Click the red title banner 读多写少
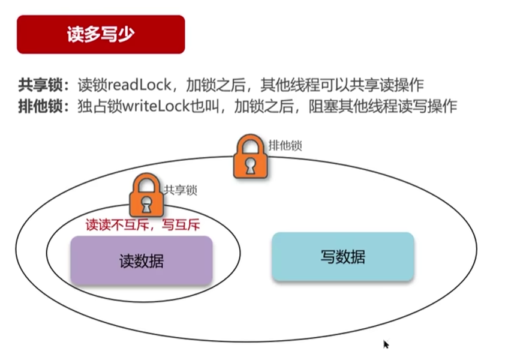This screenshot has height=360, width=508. (101, 34)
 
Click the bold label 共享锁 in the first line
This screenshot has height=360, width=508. (40, 85)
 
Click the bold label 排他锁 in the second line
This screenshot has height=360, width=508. (40, 106)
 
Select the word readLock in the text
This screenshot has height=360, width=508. (139, 85)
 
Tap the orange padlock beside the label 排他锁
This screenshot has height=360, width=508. (251, 156)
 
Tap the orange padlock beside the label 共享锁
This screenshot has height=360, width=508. (146, 195)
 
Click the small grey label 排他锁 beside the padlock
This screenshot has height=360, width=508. (285, 146)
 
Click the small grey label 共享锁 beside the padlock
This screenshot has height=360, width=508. (180, 190)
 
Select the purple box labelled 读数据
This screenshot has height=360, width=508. (142, 260)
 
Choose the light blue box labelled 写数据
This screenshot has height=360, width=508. (343, 257)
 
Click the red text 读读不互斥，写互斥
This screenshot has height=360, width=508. (143, 224)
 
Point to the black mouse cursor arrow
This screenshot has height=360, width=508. (386, 344)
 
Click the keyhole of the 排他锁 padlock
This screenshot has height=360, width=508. (251, 166)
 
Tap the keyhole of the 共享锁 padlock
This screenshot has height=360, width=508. (146, 204)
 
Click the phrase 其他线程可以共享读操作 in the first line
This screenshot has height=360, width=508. (342, 85)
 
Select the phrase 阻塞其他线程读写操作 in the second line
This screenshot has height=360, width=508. (383, 106)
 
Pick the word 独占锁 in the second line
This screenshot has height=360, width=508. (100, 106)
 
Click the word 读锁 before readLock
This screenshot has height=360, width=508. (92, 85)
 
